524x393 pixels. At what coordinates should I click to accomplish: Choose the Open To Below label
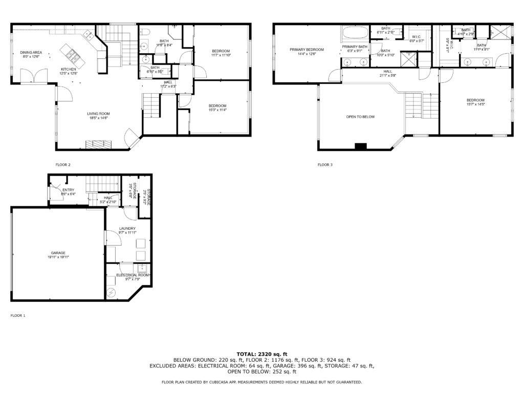click(x=360, y=117)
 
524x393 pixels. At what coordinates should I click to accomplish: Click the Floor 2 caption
click(x=63, y=165)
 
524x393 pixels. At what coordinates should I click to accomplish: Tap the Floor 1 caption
click(x=18, y=316)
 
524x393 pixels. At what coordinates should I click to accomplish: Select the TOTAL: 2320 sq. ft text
click(x=262, y=354)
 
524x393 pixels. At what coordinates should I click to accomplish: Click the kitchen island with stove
click(x=70, y=52)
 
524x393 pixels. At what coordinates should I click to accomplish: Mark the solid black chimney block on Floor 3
click(x=361, y=147)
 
